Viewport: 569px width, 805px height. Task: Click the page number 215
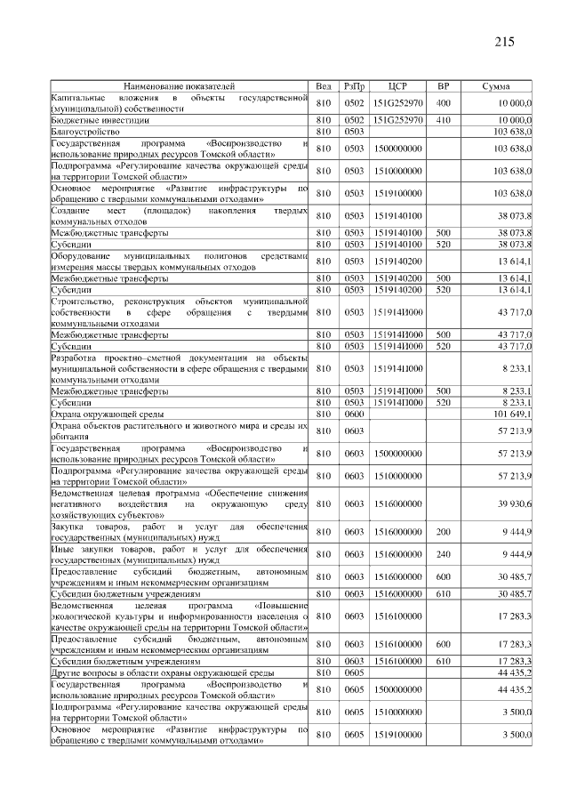point(504,42)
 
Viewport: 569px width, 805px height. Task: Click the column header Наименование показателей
point(179,86)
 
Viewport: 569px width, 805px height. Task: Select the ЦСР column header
point(397,86)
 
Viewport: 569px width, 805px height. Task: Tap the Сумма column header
point(495,86)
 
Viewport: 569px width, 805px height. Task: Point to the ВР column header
point(443,86)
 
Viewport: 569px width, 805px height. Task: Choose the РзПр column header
point(354,86)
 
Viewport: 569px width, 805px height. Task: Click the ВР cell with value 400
point(443,102)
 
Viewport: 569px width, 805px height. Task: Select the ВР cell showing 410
point(443,118)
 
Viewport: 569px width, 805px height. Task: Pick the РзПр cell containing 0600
point(354,413)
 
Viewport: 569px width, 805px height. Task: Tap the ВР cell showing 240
point(443,555)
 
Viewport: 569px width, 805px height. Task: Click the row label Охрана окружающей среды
point(104,413)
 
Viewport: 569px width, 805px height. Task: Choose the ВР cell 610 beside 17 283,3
point(443,661)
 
